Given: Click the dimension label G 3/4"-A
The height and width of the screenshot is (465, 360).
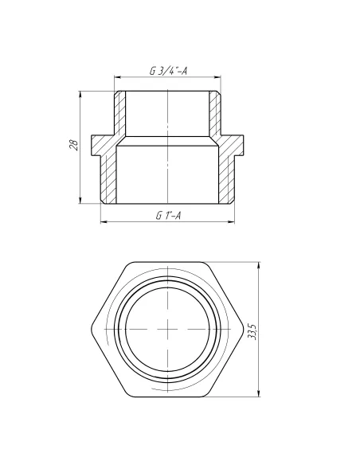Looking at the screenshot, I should click(168, 71).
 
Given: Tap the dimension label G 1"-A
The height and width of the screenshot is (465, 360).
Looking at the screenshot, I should click(167, 215).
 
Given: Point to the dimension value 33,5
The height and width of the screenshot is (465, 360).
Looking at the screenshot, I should click(252, 328).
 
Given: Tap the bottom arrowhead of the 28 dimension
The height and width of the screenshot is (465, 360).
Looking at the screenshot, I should click(80, 200).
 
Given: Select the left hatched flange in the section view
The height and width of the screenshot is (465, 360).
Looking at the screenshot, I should click(104, 144).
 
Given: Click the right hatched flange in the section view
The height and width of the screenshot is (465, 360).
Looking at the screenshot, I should click(232, 144).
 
